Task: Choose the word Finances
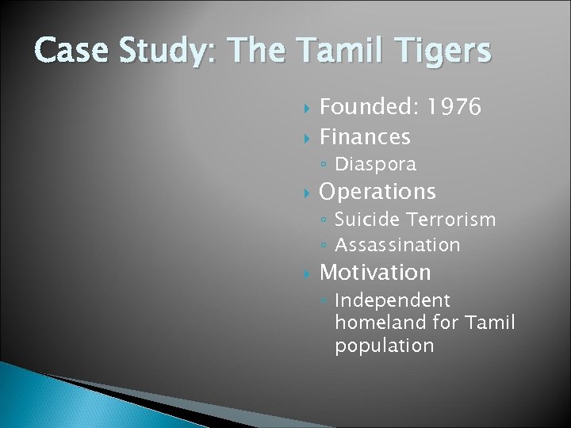365,137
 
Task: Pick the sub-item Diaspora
375,165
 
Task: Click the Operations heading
377,192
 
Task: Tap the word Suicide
366,219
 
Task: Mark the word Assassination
397,245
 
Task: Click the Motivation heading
375,273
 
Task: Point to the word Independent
393,300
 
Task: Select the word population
384,346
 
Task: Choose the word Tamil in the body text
491,323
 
